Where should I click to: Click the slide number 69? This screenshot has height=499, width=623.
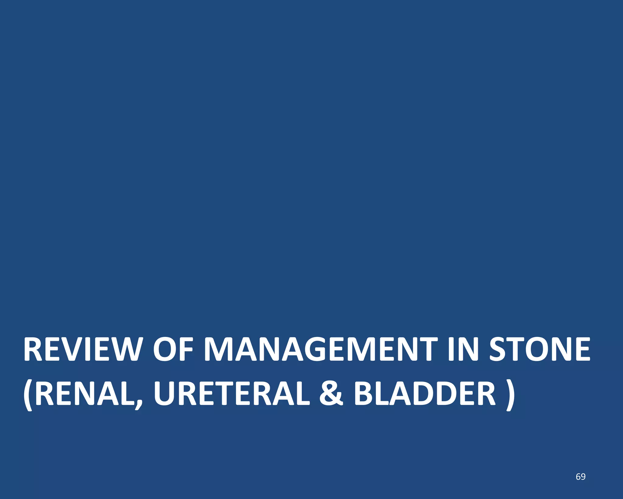point(580,477)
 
